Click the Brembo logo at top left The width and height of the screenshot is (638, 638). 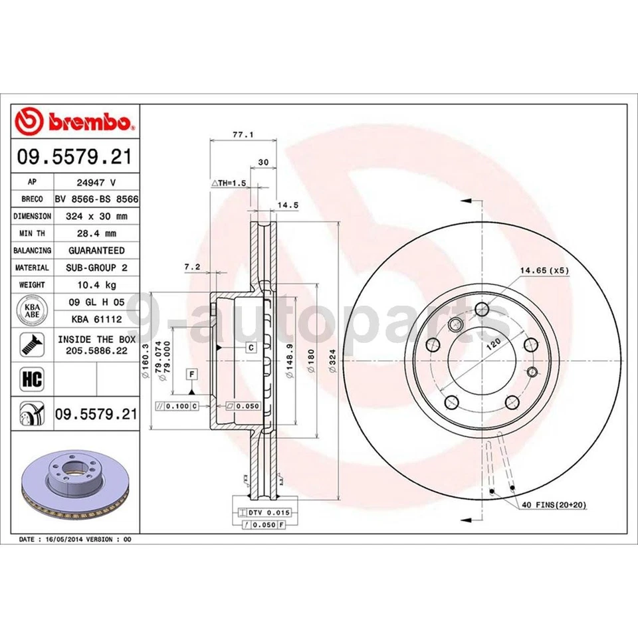click(x=74, y=122)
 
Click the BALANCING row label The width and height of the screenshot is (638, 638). click(x=32, y=251)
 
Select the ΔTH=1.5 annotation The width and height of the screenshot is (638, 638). click(x=229, y=181)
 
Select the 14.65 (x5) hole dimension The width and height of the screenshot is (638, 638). click(x=544, y=270)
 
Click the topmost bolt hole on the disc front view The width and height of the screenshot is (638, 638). click(x=482, y=308)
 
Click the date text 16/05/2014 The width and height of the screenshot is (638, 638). click(x=65, y=539)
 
